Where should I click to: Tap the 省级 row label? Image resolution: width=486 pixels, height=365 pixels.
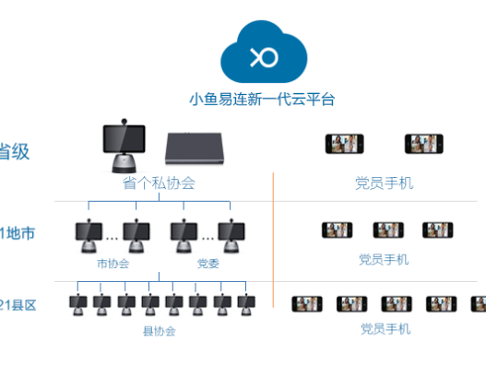tap(15, 151)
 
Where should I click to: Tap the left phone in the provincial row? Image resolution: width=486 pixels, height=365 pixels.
tap(345, 144)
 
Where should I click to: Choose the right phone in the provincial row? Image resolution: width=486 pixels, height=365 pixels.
tap(424, 144)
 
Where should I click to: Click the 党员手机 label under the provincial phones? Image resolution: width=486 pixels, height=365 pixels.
tap(384, 182)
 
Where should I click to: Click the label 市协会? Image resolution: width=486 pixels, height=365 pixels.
tap(113, 263)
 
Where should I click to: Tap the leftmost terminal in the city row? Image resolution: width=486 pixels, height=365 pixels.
tap(89, 234)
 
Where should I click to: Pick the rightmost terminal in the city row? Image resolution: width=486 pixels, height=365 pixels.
tap(231, 234)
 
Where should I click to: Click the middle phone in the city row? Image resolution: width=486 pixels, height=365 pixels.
tap(388, 230)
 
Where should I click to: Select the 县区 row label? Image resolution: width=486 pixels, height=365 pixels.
tap(18, 305)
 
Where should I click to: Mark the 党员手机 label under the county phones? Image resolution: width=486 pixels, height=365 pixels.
tap(384, 328)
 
